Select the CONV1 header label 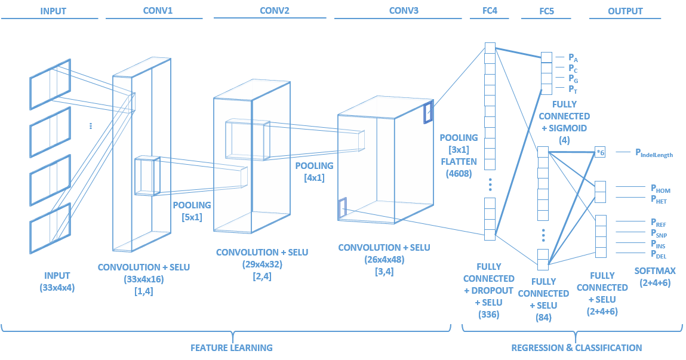[x=158, y=11]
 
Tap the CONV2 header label [x=275, y=11]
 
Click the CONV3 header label [x=404, y=11]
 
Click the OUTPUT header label [x=625, y=11]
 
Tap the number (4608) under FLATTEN [x=459, y=174]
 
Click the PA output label [x=573, y=58]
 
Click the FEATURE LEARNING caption [x=231, y=347]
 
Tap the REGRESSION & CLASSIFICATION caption [x=577, y=347]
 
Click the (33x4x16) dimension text [x=143, y=279]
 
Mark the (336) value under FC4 [x=489, y=315]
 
